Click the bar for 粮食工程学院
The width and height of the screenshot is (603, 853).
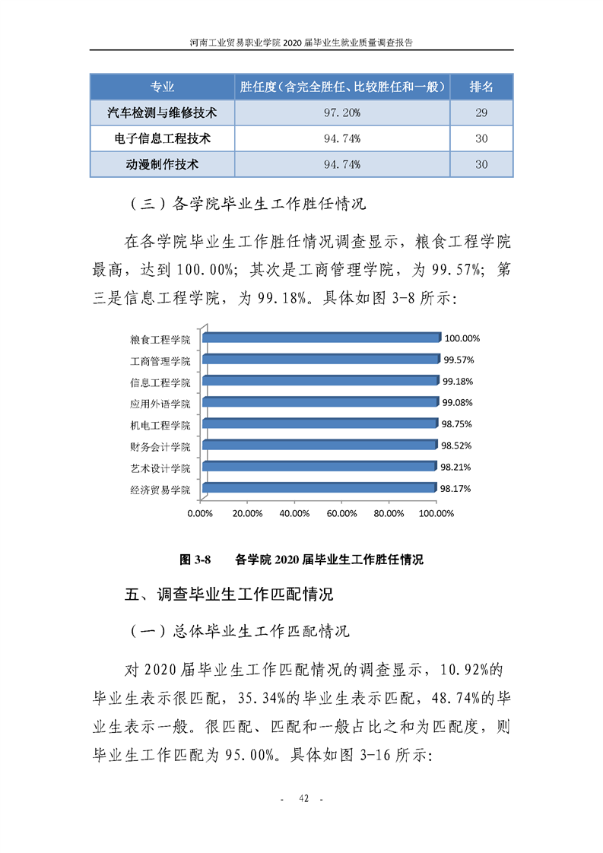click(321, 338)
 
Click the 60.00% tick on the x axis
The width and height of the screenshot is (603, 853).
click(341, 513)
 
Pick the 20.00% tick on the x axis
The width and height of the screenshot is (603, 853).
click(247, 513)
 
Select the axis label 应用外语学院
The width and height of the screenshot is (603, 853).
click(160, 403)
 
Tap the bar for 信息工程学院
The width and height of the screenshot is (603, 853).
click(320, 381)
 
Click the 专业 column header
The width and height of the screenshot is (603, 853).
click(162, 87)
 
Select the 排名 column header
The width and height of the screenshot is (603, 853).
click(481, 87)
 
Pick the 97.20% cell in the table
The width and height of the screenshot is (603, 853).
click(341, 113)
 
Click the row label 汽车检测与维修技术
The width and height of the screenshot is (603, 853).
click(162, 113)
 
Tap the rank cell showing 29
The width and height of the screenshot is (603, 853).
click(481, 113)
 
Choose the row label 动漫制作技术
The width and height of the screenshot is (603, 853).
click(162, 163)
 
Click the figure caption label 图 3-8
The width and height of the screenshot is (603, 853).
click(195, 560)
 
